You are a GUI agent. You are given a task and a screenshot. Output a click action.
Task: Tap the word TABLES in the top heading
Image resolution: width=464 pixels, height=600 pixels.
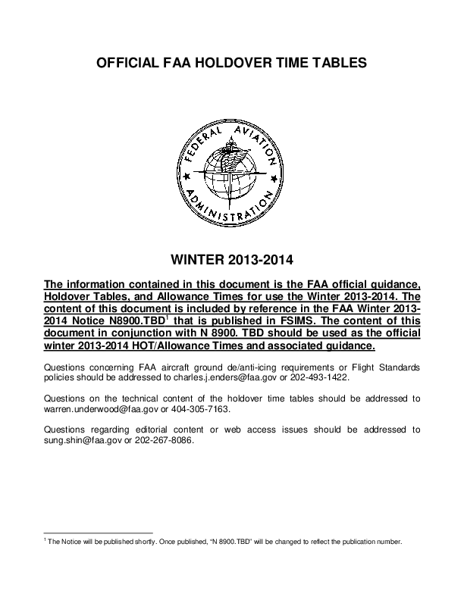tap(339, 64)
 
